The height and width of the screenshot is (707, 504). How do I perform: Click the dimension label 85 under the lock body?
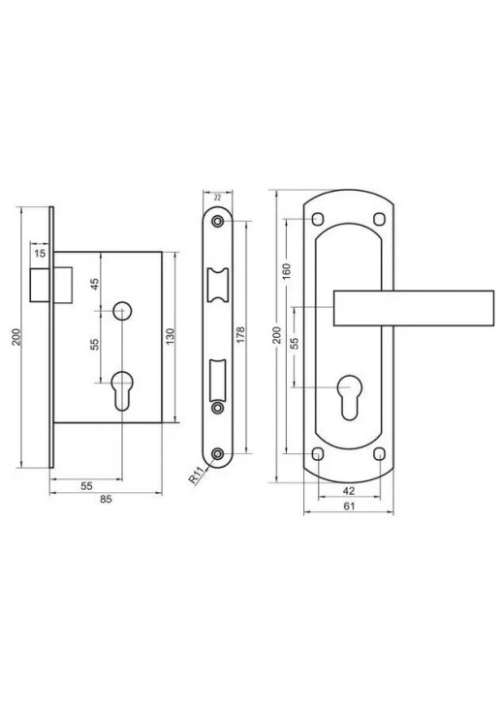[x=106, y=499]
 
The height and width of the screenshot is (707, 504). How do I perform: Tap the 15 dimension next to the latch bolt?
[x=40, y=254]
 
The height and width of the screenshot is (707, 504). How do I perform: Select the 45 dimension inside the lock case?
[x=95, y=285]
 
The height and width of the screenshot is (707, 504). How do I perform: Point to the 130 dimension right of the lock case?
[x=171, y=337]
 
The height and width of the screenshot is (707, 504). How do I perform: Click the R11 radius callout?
[x=196, y=476]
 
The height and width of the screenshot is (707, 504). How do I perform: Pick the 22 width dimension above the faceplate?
[x=217, y=197]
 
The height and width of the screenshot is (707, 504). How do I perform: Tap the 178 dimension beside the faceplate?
[x=240, y=335]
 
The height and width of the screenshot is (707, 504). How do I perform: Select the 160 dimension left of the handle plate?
[x=287, y=271]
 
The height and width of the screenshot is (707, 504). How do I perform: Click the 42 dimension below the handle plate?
[x=349, y=491]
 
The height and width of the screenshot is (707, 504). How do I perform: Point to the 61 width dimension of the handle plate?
[x=349, y=507]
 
